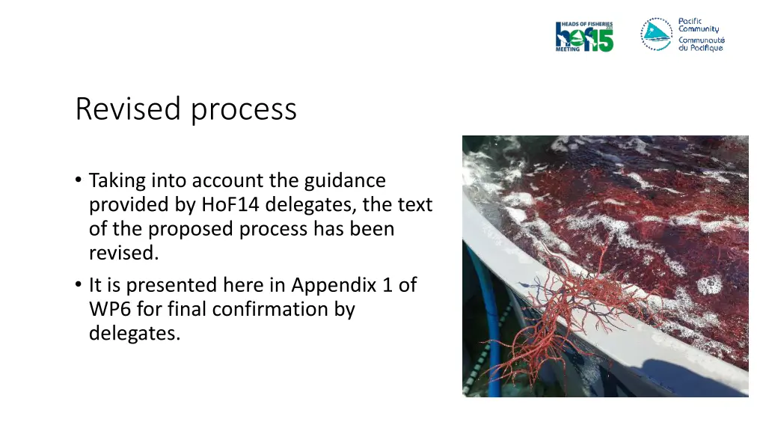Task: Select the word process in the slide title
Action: tap(243, 110)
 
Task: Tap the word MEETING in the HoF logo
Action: tap(568, 49)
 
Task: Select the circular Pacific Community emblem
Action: tap(656, 34)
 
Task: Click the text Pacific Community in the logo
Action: tap(699, 25)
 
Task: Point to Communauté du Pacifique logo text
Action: tap(701, 44)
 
